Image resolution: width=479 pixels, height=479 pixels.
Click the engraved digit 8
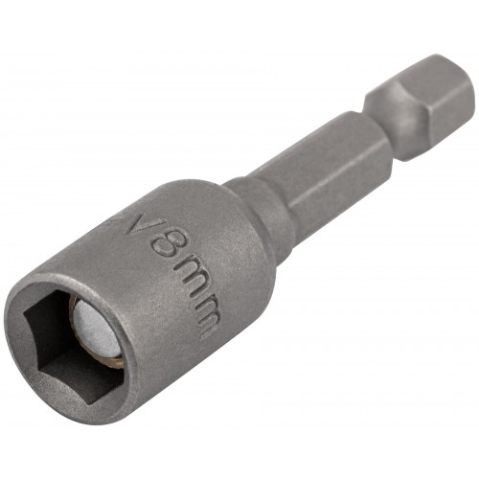tap(167, 245)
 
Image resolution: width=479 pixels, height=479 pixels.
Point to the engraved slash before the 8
tap(141, 222)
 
